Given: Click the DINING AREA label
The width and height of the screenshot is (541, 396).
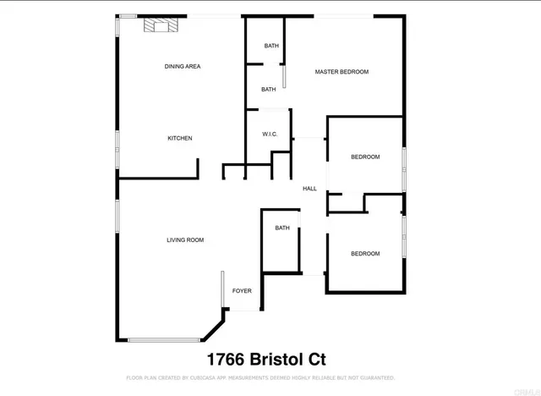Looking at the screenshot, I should tap(182, 66).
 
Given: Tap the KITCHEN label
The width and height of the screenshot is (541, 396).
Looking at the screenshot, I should tap(179, 138).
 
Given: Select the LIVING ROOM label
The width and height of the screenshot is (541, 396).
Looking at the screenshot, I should tap(185, 240).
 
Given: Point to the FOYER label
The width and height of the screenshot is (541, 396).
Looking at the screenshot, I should tap(242, 291).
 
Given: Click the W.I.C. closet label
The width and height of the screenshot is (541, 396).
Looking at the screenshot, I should tap(270, 134).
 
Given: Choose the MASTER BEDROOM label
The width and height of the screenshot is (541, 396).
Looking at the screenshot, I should tap(342, 72).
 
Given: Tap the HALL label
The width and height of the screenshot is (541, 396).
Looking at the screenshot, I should tap(309, 189).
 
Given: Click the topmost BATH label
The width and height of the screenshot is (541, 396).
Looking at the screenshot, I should tap(270, 46).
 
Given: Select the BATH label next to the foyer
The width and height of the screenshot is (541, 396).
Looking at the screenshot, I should tap(281, 228).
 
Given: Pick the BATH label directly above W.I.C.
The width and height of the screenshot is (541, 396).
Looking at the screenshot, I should tap(268, 90).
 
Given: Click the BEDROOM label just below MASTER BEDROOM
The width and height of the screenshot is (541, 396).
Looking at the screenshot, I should tap(365, 157).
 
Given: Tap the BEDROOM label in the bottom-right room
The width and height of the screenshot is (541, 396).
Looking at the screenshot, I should tap(365, 254).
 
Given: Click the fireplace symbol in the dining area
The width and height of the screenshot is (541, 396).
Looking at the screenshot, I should tap(161, 26).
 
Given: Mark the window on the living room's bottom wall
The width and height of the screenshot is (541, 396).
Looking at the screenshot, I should tap(164, 340).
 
